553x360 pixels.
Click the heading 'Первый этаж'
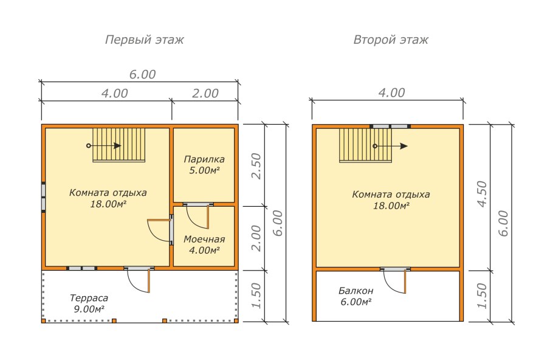(144, 40)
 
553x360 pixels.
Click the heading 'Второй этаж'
(391, 40)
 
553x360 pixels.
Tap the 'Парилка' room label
(204, 159)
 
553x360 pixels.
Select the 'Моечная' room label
(204, 240)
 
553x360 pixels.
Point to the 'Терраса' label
(89, 298)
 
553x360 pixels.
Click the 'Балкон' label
(356, 291)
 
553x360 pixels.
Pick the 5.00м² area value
(204, 170)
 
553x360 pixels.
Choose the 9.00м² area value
(89, 309)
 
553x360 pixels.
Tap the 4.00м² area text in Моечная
(204, 250)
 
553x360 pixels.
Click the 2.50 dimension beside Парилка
(256, 166)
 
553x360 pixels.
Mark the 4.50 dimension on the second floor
(482, 194)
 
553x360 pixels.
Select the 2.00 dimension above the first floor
(205, 94)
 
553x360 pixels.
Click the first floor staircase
(119, 145)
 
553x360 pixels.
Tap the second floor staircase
(366, 145)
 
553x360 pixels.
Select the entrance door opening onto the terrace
(139, 280)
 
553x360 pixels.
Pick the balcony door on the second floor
(396, 280)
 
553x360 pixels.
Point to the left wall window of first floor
(43, 197)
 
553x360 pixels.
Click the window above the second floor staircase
(390, 126)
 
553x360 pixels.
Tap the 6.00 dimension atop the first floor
(142, 74)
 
